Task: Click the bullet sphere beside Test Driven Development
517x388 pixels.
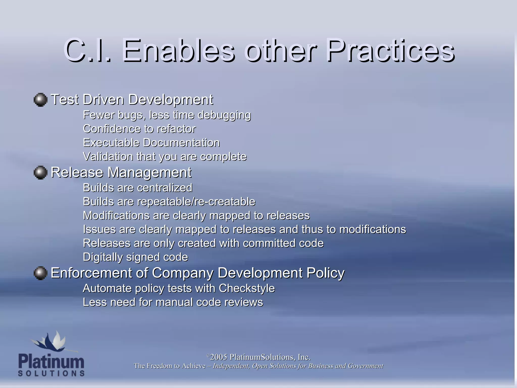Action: coord(40,100)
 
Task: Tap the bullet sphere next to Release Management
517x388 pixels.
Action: coord(40,173)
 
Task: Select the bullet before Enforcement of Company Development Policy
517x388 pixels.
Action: coord(40,273)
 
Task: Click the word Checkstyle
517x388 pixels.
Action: coord(247,288)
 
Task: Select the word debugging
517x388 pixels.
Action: coord(224,115)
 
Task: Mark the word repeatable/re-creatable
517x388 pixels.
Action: coord(196,202)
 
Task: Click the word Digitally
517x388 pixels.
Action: coord(103,257)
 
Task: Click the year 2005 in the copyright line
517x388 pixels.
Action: coord(218,357)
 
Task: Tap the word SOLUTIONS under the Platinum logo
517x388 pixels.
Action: coord(51,373)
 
